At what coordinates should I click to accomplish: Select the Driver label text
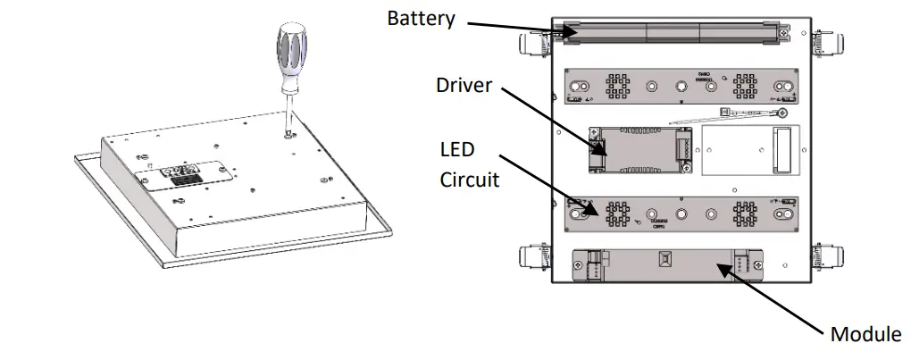[464, 85]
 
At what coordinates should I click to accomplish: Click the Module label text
[865, 334]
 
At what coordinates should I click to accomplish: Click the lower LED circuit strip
[678, 214]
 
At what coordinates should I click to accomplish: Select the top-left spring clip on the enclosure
[533, 42]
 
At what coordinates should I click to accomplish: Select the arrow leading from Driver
[552, 121]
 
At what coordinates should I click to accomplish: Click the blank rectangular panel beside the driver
[748, 147]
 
